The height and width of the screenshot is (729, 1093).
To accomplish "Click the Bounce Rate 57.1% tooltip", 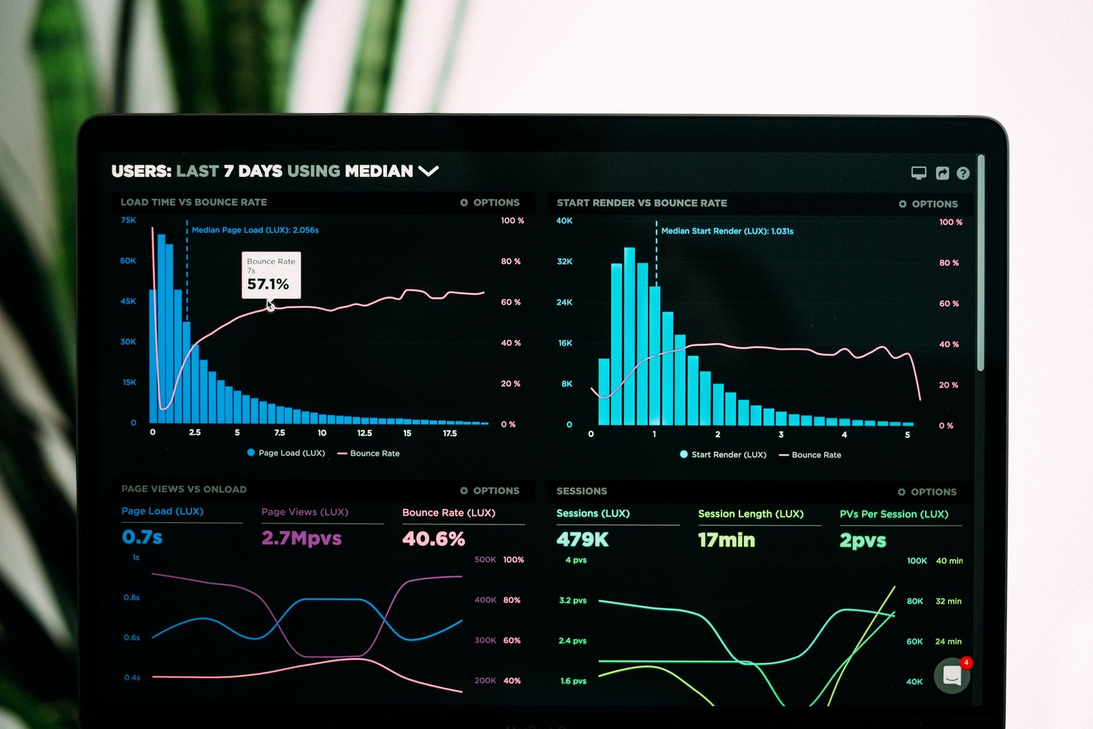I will click(271, 275).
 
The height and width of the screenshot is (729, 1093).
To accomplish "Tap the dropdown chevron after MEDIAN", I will click(428, 171).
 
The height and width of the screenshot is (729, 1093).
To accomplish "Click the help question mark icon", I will click(963, 173).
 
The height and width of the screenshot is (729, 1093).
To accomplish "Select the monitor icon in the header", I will click(918, 173).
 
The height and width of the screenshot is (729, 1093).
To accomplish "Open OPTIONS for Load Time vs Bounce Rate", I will click(490, 203).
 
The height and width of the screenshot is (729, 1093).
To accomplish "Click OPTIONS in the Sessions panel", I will click(927, 492).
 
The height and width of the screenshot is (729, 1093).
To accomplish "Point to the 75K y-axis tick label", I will click(129, 220).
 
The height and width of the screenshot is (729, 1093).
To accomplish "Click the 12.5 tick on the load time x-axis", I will click(365, 433).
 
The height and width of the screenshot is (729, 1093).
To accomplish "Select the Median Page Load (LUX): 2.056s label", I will click(255, 230).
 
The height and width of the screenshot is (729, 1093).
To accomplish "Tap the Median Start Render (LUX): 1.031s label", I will click(727, 231).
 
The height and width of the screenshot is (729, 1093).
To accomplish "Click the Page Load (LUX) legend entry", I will click(286, 453).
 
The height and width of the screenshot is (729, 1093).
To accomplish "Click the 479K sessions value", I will click(582, 540).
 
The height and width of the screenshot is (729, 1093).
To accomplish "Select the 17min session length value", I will click(726, 540).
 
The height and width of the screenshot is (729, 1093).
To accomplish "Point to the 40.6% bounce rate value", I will click(433, 539).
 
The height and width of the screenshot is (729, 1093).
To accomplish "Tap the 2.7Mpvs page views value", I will click(301, 538).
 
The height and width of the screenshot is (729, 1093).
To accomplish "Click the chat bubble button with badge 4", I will click(952, 676).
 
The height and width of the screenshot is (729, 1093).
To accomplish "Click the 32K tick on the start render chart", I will click(565, 262).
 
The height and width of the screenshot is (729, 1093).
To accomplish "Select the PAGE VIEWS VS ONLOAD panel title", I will click(184, 489).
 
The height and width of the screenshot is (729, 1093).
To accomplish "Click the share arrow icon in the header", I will click(942, 173).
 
